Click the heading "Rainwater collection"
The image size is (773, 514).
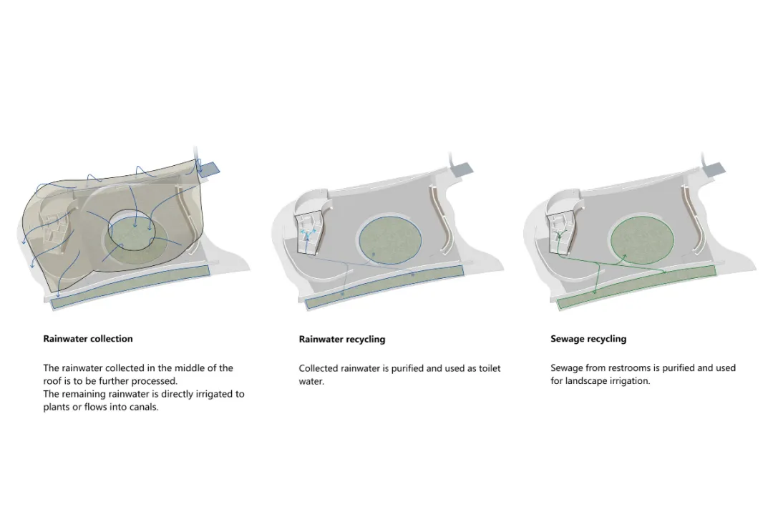[x=88, y=339]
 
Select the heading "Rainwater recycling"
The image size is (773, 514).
[x=342, y=340]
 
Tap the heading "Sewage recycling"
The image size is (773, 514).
[x=588, y=339]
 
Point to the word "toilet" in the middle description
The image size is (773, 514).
[x=486, y=368]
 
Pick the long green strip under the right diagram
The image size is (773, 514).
[x=636, y=286]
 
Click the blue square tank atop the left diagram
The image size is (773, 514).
[x=209, y=168]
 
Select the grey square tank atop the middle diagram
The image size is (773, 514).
[x=462, y=169]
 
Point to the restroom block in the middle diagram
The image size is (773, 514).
[x=309, y=231]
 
